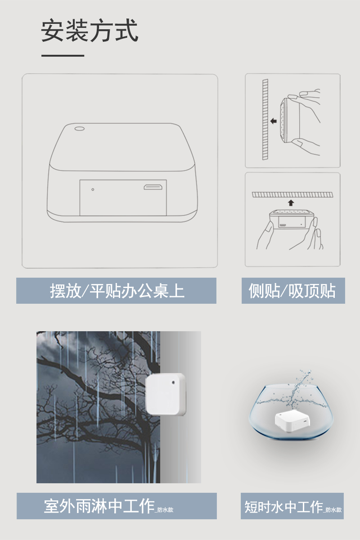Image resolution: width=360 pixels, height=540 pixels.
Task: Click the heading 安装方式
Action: coord(90,31)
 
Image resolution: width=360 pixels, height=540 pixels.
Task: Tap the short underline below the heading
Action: coord(63,56)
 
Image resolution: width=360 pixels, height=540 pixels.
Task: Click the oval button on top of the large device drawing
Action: coord(79,129)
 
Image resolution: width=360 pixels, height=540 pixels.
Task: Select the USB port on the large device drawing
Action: coord(153,187)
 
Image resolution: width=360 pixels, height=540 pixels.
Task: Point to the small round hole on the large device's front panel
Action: coord(93,189)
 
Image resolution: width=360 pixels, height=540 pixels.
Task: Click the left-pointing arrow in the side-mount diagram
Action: coord(274,121)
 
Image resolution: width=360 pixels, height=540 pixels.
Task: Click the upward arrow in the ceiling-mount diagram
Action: coord(291,203)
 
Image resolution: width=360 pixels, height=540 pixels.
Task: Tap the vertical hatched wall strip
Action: coord(265,119)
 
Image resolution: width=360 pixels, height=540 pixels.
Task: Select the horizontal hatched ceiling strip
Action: coord(292,194)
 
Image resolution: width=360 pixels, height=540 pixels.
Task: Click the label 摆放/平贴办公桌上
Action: coord(117,291)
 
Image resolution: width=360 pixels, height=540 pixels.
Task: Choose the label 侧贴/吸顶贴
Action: coord(292,291)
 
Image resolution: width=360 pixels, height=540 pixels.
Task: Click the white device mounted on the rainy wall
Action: coord(166,394)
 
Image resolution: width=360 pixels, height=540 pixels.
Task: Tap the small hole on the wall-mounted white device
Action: coord(173,382)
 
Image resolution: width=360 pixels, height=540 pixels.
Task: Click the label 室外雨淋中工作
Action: coord(99,506)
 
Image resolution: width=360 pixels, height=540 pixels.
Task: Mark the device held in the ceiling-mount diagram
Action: coord(292,219)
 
